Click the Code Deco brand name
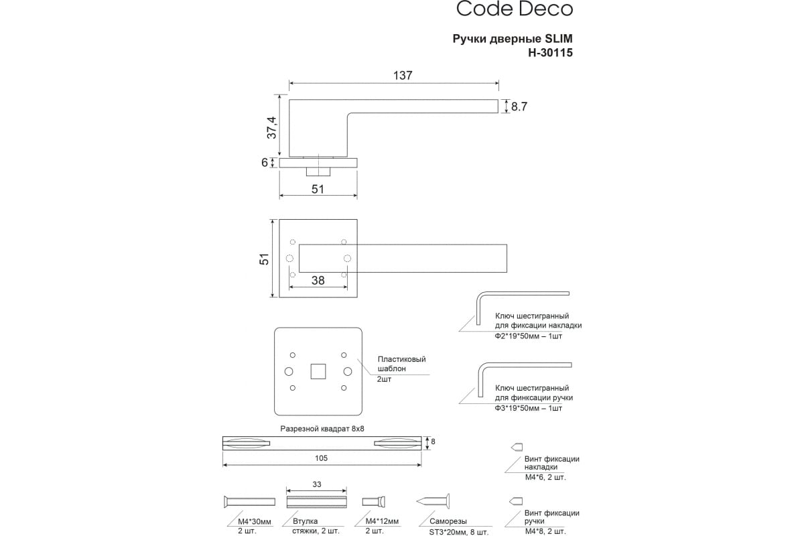point(515,9)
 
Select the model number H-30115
point(550,52)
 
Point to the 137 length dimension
point(402,76)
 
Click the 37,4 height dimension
point(271,127)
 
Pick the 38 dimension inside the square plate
point(318,281)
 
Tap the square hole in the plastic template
point(318,371)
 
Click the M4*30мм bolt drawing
point(247,502)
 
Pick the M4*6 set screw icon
point(516,446)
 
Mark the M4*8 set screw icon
point(516,500)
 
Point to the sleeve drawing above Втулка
point(317,502)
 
